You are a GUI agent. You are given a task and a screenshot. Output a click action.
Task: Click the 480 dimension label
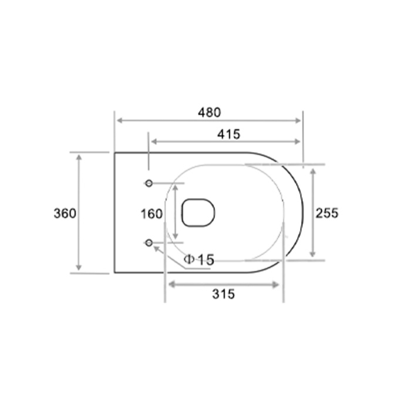pos(210,113)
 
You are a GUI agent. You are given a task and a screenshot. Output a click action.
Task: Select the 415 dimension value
pos(228,134)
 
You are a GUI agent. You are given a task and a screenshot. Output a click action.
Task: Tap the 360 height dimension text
pos(65,213)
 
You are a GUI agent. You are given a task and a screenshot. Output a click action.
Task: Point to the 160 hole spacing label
pos(151,214)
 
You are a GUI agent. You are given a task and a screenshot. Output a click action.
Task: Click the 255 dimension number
pos(327,213)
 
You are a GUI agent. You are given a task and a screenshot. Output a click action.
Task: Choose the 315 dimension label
pos(224,294)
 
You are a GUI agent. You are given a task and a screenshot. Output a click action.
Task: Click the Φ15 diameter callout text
pos(199,260)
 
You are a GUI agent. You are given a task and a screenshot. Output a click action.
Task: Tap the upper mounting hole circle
pos(149,183)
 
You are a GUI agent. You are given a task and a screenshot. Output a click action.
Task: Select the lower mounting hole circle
pos(149,243)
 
